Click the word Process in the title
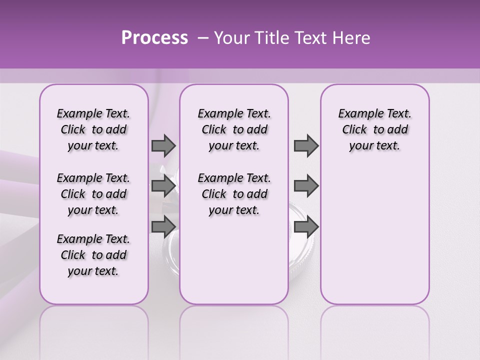click(x=154, y=38)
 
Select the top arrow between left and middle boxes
click(x=163, y=146)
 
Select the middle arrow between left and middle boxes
click(x=163, y=186)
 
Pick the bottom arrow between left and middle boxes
click(x=163, y=226)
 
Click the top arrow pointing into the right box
click(x=306, y=146)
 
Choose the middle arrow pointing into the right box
click(x=306, y=186)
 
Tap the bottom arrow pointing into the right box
click(x=306, y=226)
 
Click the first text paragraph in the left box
click(x=93, y=129)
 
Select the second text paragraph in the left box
click(x=93, y=194)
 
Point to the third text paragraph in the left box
click(x=93, y=255)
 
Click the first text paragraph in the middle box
click(x=234, y=129)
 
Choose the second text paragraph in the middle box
click(x=234, y=194)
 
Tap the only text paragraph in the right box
click(x=374, y=129)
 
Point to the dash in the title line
click(x=203, y=38)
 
